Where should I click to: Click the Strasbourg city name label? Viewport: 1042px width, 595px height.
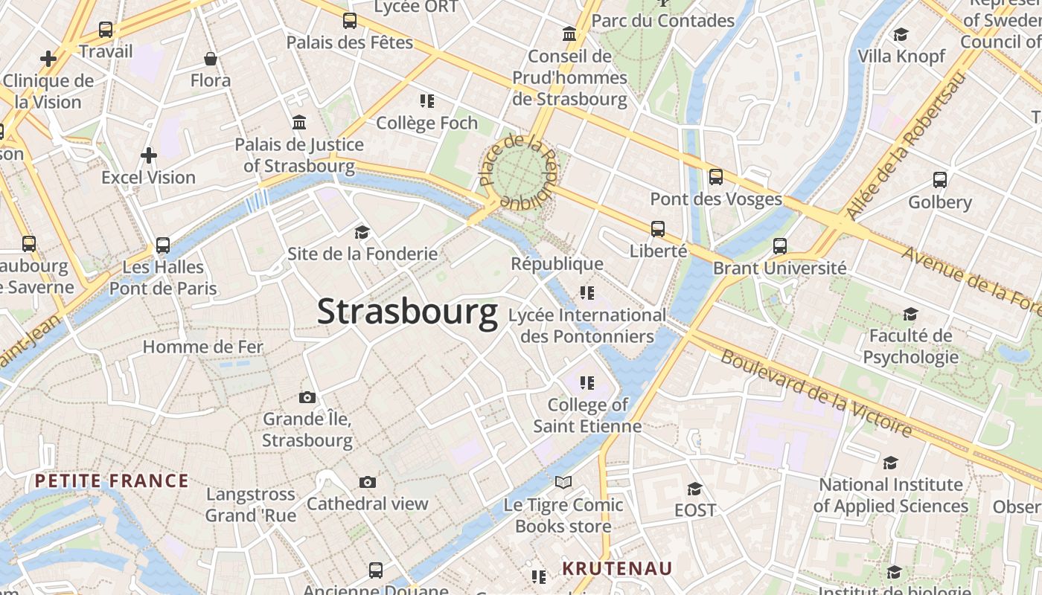point(407,312)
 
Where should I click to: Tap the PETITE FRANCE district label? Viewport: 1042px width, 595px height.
point(112,480)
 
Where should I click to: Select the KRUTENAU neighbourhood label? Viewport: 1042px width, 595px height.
point(617,569)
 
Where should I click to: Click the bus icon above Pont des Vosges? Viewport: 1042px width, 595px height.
point(716,177)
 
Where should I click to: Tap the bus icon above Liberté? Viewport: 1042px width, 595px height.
point(658,229)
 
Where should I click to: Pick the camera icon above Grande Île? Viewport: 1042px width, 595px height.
point(307,397)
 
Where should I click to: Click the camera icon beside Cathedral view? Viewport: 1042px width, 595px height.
point(367,483)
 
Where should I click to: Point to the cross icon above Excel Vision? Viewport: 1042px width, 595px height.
point(149,155)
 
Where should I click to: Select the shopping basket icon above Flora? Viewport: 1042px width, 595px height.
point(211,58)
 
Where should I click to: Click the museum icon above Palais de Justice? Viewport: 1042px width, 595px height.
point(299,122)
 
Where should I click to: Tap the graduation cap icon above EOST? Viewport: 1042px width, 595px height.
point(694,489)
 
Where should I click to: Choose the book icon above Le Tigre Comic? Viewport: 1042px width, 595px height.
point(563,483)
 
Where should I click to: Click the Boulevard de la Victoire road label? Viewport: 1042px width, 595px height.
point(816,393)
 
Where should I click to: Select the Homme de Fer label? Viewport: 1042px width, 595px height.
point(202,347)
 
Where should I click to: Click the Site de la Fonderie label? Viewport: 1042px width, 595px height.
point(362,254)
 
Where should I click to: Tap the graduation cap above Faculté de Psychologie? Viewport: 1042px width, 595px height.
point(910,315)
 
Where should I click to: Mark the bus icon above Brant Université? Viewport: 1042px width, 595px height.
point(780,245)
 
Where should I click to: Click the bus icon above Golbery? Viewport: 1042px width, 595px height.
point(940,180)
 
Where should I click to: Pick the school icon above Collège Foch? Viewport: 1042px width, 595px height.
point(426,101)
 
